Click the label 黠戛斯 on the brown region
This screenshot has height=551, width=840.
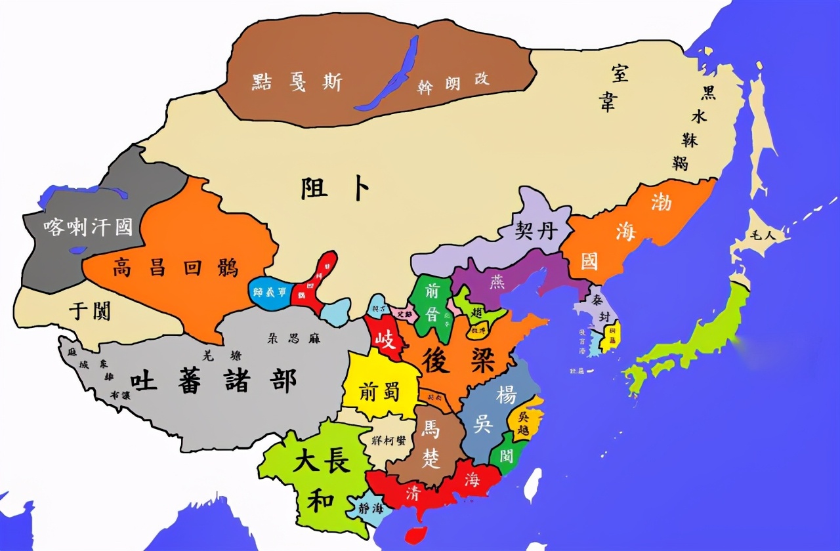tap(297, 81)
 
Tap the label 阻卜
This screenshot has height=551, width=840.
tap(335, 189)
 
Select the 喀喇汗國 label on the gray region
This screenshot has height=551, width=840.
tap(88, 227)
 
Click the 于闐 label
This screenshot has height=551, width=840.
tap(90, 310)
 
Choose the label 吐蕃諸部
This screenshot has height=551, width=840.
tap(213, 380)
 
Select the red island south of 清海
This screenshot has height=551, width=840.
tap(415, 535)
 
